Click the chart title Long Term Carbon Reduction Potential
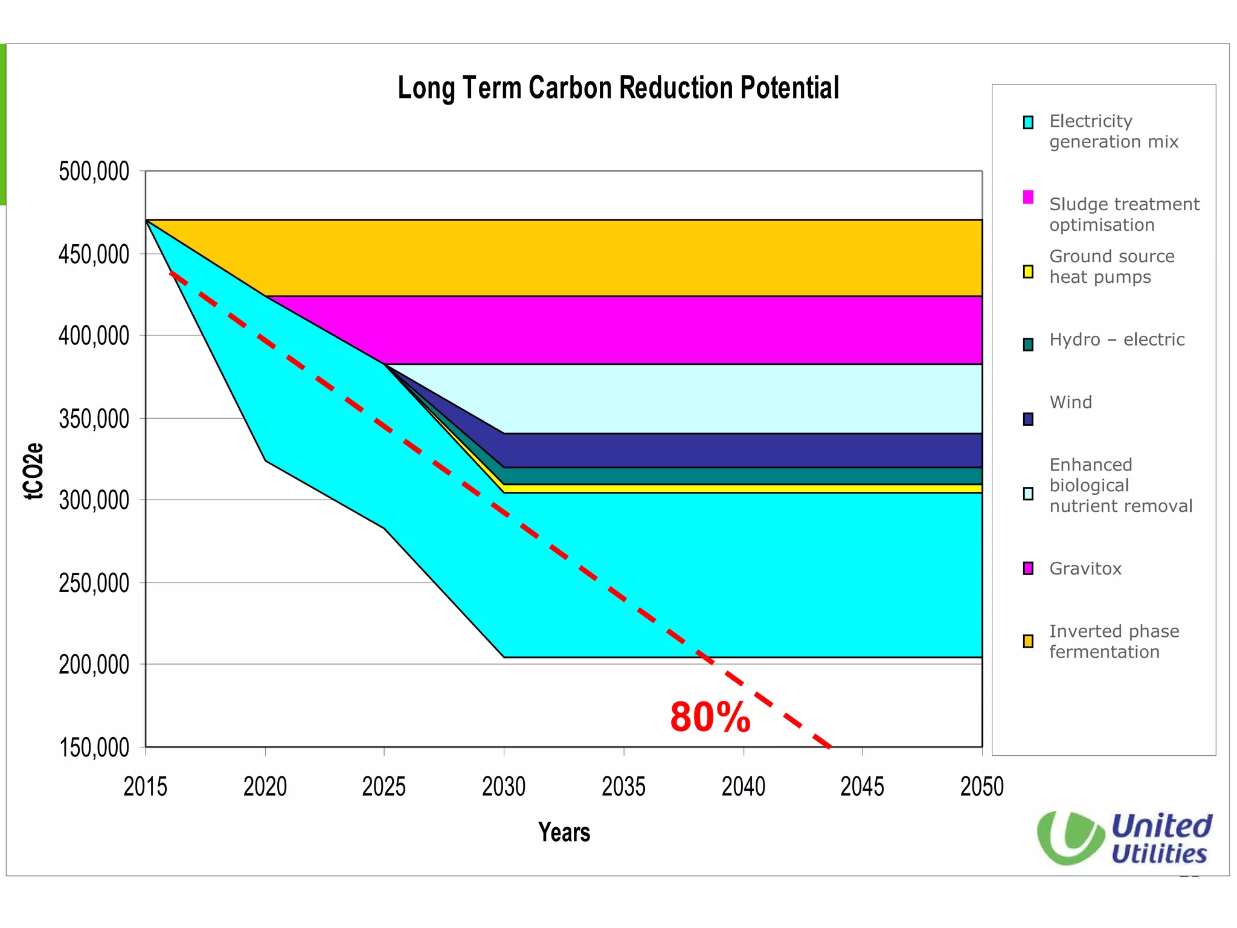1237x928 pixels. [618, 88]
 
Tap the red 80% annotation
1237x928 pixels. [710, 718]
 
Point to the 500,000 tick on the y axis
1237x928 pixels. [94, 172]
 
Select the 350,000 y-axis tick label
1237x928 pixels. [94, 419]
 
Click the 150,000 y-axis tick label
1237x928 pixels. [94, 748]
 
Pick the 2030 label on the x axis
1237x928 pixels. [504, 787]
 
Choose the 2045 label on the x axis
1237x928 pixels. [862, 787]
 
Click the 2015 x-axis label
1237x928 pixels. [145, 787]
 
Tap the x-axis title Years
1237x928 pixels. [564, 833]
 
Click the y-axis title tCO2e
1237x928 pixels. [34, 471]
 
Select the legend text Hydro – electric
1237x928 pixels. [1117, 340]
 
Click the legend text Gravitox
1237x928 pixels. [1085, 569]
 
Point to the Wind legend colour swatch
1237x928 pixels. [1028, 419]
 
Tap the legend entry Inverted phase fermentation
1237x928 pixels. [1114, 642]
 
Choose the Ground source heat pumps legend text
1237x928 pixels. [1111, 266]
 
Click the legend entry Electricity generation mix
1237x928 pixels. [1113, 131]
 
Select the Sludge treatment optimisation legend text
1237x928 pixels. [1123, 214]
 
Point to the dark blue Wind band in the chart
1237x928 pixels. [743, 451]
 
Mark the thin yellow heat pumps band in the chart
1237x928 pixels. [743, 488]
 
